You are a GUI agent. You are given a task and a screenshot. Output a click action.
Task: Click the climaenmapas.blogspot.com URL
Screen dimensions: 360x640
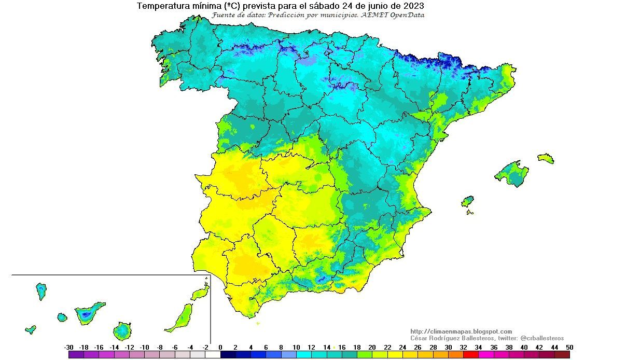(x=461, y=331)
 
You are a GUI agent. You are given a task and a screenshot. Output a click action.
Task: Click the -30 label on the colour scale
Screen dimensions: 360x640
(x=68, y=348)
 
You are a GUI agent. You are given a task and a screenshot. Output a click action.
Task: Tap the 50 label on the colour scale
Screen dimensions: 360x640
(x=569, y=348)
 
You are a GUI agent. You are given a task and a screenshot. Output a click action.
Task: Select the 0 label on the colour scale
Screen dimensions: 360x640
(x=220, y=348)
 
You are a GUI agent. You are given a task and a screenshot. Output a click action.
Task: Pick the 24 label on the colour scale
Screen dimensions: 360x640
(x=402, y=348)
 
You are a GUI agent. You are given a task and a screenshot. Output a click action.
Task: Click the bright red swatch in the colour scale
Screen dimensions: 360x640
(x=471, y=355)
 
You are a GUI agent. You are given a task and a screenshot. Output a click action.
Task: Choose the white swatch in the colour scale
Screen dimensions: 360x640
(x=213, y=355)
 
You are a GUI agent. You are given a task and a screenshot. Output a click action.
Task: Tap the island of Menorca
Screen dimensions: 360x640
(x=546, y=158)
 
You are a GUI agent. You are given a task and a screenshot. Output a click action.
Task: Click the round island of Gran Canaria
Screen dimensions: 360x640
(x=123, y=330)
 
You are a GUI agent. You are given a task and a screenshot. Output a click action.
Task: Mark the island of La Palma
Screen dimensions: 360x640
(x=41, y=290)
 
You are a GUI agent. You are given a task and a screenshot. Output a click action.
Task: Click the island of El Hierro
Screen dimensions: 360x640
(x=31, y=329)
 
